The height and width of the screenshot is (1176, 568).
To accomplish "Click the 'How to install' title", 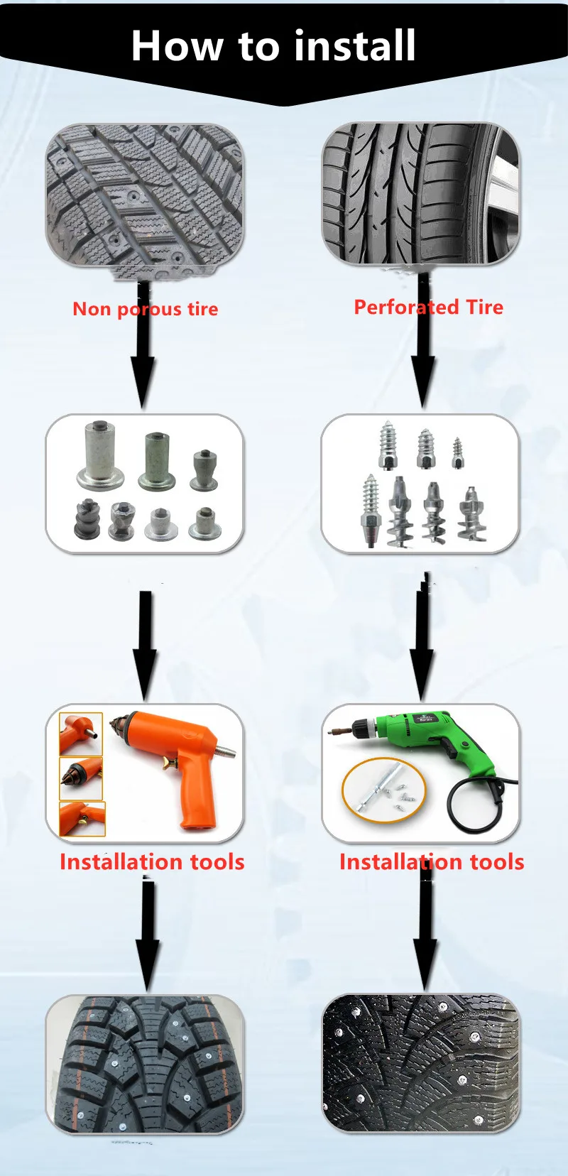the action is click(273, 45).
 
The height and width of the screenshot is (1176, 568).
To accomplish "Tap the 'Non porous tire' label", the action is click(146, 309).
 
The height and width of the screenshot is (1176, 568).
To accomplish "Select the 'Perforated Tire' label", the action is click(428, 307).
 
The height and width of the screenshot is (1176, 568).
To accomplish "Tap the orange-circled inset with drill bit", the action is click(383, 788).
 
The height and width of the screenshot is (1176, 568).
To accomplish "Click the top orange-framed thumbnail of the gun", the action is click(81, 734).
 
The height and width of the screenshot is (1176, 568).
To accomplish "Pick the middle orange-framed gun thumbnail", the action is click(81, 778).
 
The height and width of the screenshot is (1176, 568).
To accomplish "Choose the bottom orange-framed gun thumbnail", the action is click(82, 819).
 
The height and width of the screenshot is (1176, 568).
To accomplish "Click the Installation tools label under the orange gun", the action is click(152, 862).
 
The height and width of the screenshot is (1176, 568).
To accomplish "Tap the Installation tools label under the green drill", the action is click(432, 862).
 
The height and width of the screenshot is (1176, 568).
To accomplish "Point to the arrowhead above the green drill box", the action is click(422, 675).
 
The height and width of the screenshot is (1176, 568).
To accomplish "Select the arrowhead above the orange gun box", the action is click(145, 675).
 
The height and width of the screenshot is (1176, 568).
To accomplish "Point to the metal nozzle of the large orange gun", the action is click(226, 751).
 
